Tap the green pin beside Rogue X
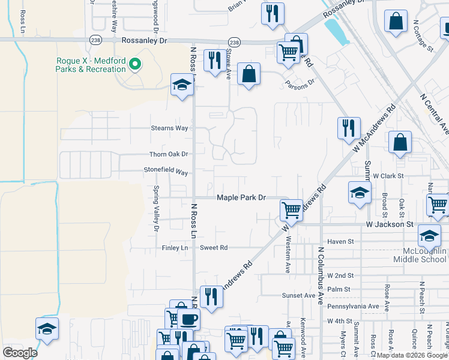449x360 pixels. coord(135,64)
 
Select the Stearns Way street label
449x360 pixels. coord(169,128)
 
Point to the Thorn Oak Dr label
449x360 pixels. coord(169,154)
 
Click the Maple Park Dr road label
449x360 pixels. coord(241,197)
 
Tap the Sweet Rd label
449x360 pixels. coord(214,247)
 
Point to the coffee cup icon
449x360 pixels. coord(188,319)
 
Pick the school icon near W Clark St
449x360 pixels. coord(359,193)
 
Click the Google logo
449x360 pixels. coord(20,352)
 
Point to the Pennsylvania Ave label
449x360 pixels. coord(354,307)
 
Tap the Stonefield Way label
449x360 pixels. coord(166,171)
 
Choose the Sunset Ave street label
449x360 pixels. coord(299,295)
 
